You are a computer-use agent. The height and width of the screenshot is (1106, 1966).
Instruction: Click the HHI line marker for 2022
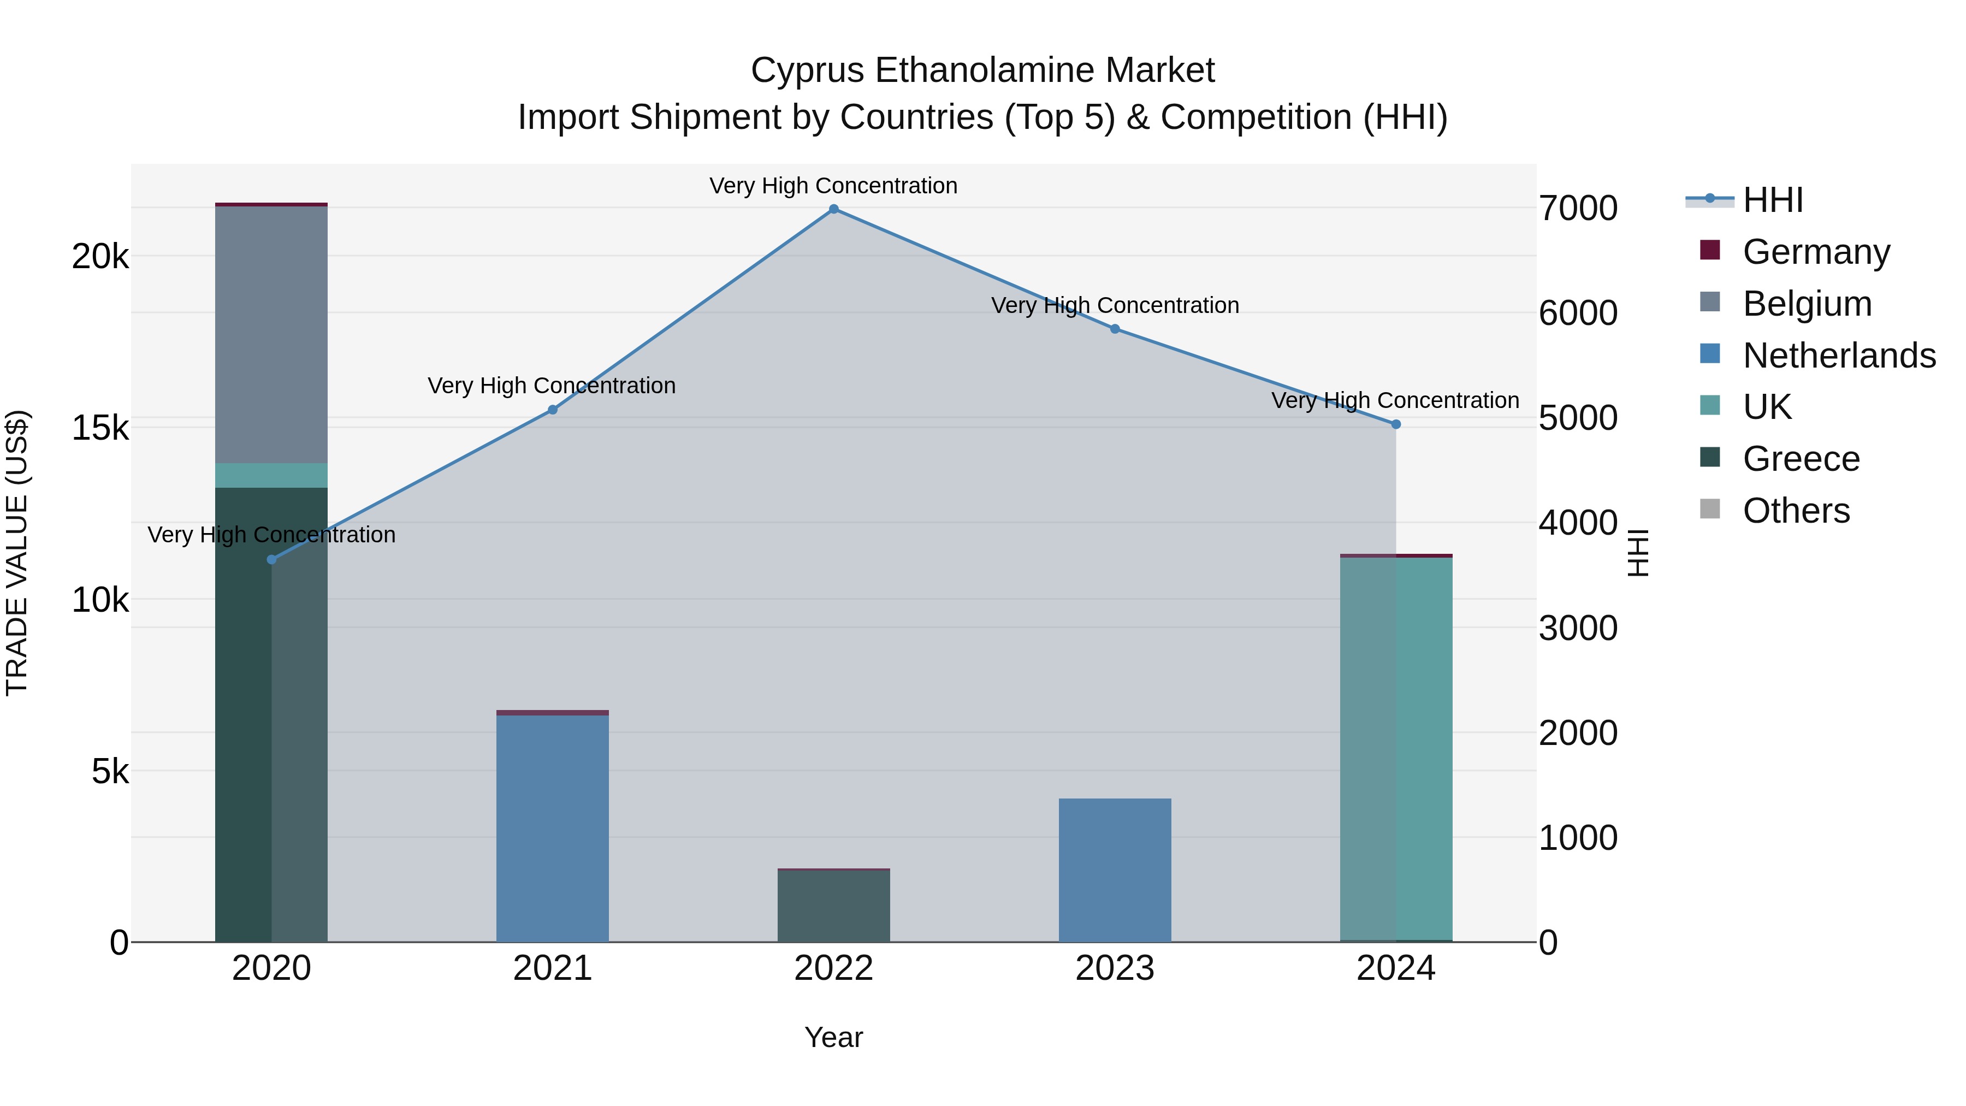[833, 209]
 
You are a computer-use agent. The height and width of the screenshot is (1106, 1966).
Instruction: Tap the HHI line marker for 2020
[272, 559]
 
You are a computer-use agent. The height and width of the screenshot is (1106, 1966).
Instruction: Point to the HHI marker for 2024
[1396, 424]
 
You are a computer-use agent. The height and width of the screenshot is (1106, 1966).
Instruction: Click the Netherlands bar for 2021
[553, 828]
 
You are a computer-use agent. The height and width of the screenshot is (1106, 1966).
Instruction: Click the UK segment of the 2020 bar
[272, 476]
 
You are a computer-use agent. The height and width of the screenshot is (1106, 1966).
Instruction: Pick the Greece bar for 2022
[833, 906]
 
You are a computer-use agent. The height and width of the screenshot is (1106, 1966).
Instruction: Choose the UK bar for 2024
[1396, 748]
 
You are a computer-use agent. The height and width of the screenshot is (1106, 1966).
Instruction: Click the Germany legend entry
[1816, 252]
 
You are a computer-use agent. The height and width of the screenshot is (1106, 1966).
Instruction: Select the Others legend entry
[1796, 511]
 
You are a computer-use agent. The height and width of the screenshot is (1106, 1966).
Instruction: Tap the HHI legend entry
[1773, 200]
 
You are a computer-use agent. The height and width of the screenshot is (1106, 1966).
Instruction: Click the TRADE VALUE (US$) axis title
[17, 553]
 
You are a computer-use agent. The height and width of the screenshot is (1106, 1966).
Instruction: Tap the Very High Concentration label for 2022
[833, 186]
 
